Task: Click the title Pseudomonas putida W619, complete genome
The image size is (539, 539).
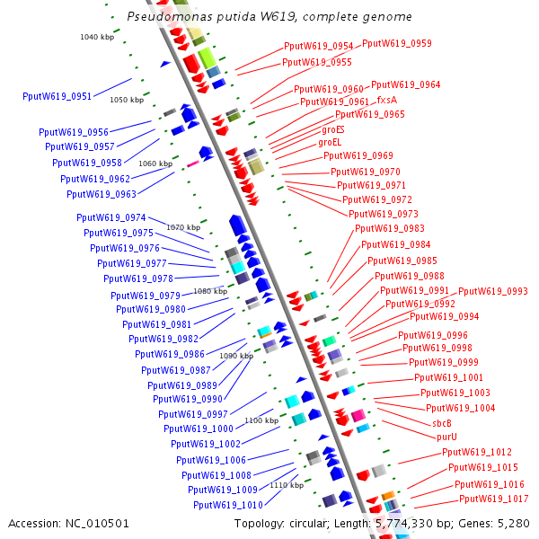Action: (269, 17)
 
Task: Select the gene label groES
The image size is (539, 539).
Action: (332, 129)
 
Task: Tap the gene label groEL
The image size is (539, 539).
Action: (331, 142)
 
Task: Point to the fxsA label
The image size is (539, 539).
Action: (386, 100)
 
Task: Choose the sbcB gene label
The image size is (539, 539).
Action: (441, 423)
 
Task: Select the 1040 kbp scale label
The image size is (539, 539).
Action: (97, 37)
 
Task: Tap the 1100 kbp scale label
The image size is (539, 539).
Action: (261, 420)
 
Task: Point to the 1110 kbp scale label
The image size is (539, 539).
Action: (287, 485)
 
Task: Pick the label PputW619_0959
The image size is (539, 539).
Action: (396, 43)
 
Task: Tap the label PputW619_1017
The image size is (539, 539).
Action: (493, 499)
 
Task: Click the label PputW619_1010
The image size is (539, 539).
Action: (225, 505)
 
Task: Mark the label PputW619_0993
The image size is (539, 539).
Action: (493, 291)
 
